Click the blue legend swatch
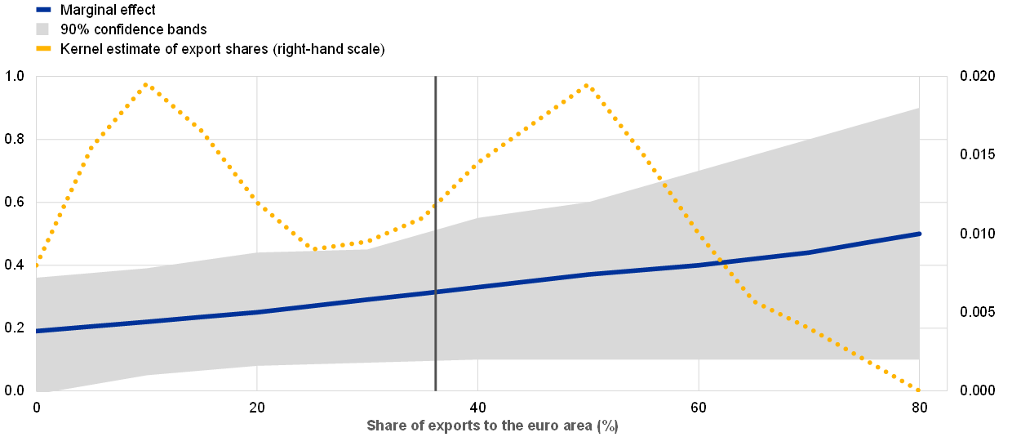click(x=43, y=10)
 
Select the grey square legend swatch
click(x=42, y=29)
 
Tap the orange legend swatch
click(x=43, y=48)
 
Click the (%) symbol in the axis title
click(x=608, y=426)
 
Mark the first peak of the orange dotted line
click(x=146, y=84)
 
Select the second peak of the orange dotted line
click(x=587, y=85)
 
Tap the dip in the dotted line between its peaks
click(x=322, y=247)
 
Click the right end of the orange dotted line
click(x=919, y=390)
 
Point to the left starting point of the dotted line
click(x=37, y=265)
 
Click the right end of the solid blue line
click(x=919, y=234)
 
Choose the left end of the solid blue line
click(x=38, y=331)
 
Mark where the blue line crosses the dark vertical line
click(x=436, y=292)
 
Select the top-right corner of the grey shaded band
click(x=919, y=108)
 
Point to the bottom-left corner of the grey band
click(x=38, y=390)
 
